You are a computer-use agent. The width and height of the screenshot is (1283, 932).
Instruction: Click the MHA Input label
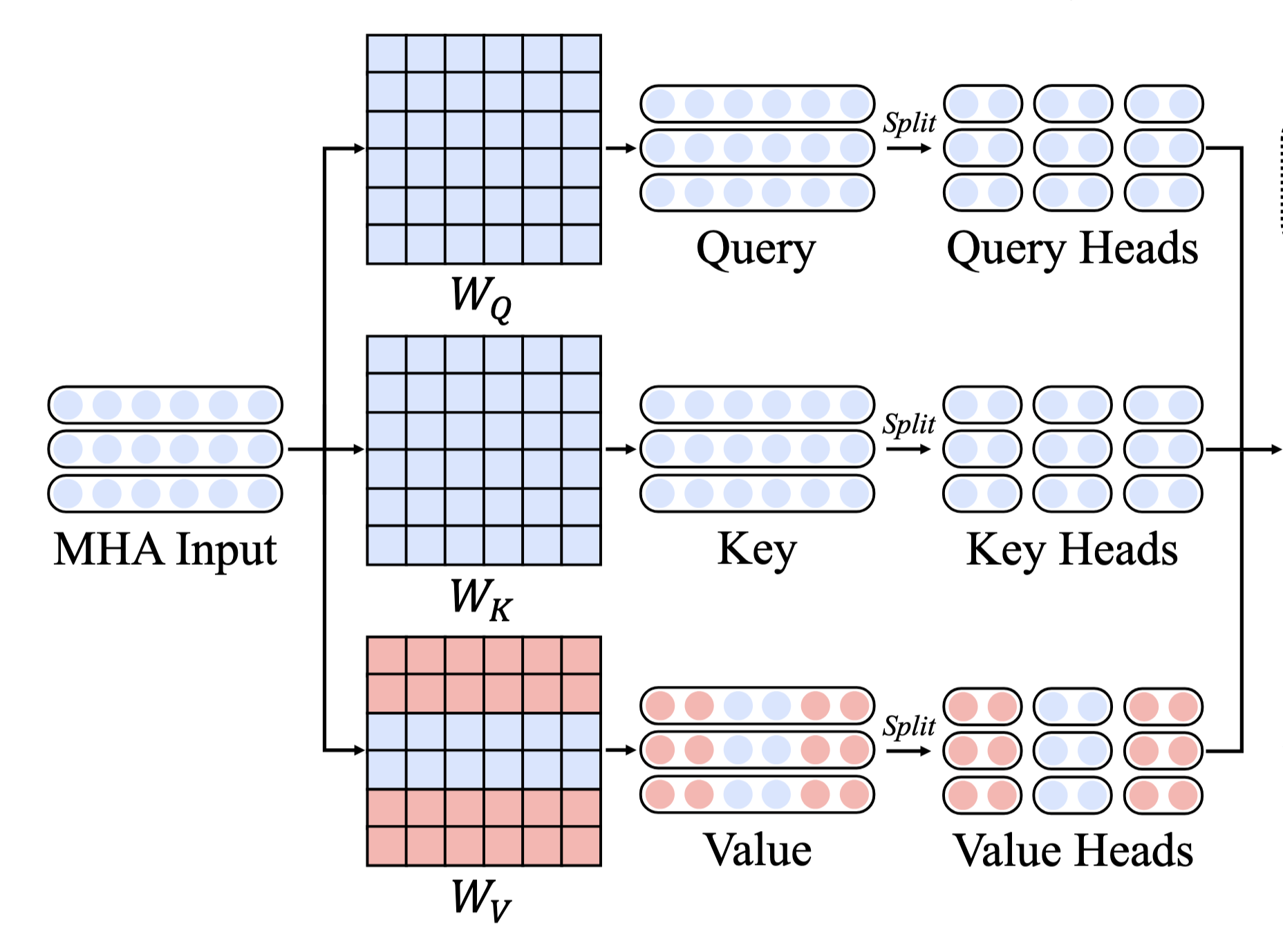165,550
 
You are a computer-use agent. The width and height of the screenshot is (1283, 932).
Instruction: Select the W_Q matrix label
481,297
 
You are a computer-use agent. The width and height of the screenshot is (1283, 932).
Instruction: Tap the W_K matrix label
481,598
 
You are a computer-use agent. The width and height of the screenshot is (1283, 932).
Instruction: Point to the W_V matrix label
481,899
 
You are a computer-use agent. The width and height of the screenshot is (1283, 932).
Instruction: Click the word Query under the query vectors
756,249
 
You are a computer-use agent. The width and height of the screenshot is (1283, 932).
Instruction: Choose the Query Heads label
1072,249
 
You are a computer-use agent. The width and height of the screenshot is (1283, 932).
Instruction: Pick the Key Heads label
1072,550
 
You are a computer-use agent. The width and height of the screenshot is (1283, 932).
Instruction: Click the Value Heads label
1073,850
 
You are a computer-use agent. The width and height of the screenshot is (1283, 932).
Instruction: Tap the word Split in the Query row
909,123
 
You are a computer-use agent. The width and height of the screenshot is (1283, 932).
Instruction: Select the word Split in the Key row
909,424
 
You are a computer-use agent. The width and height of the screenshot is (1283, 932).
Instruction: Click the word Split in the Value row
909,726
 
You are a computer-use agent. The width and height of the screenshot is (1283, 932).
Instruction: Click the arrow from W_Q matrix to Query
620,148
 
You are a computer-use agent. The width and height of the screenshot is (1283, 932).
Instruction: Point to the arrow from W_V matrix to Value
620,750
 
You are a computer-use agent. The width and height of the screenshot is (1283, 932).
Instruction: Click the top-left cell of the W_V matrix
386,655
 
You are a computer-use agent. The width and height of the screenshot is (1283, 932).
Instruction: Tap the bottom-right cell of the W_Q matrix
581,244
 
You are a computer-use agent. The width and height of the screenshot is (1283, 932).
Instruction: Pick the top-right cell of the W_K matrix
581,355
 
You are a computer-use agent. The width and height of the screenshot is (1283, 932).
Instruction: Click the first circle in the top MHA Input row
68,405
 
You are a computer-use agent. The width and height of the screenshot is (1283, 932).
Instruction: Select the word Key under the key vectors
757,550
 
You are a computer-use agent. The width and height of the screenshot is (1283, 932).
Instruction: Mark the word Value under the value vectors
757,850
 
